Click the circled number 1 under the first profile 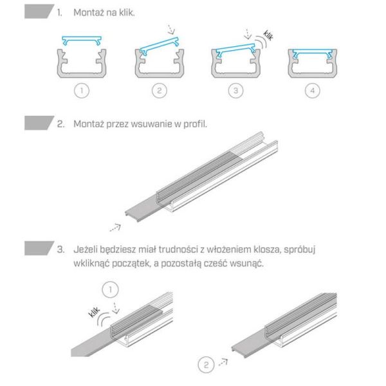pos(81,91)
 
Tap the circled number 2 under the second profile pos(160,91)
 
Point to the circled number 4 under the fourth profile pos(312,91)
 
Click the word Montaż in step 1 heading pos(89,13)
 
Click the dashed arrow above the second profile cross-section pos(170,30)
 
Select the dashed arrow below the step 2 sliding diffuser pos(115,226)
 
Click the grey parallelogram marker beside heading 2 pos(38,123)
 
